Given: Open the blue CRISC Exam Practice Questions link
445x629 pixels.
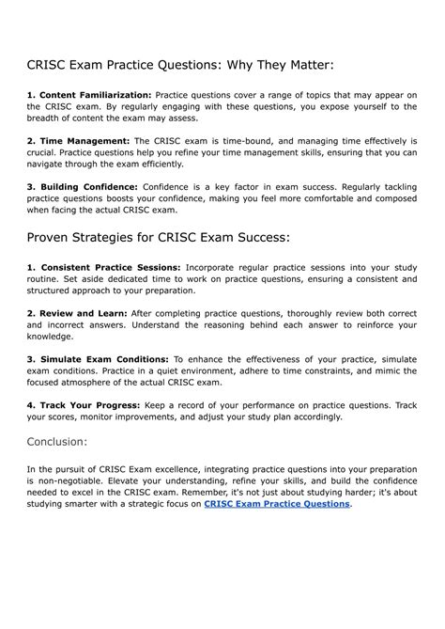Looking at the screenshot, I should point(277,504).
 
